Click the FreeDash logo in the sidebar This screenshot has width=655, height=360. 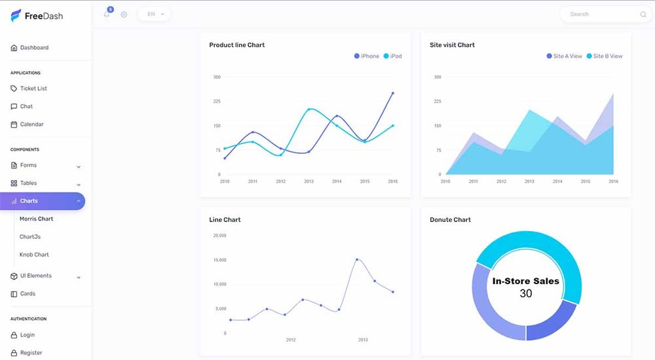coord(37,16)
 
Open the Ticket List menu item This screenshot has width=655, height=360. coord(33,88)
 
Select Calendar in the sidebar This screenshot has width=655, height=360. coord(31,124)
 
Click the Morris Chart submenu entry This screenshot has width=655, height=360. coord(36,219)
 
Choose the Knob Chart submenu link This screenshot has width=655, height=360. coord(34,255)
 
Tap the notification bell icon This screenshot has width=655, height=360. coord(107,14)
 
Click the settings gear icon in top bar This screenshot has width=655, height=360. coord(124,14)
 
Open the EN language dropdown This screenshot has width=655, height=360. coord(155,14)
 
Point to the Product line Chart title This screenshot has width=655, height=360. coord(236,45)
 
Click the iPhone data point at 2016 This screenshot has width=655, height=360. coord(393,93)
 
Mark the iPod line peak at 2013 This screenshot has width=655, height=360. coord(309,109)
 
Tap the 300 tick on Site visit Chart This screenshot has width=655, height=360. coord(437,77)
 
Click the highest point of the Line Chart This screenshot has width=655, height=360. coord(357,259)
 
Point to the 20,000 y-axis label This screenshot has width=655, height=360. coord(219,236)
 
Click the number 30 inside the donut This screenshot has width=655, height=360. coord(526,294)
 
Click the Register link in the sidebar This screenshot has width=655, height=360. coord(31,353)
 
